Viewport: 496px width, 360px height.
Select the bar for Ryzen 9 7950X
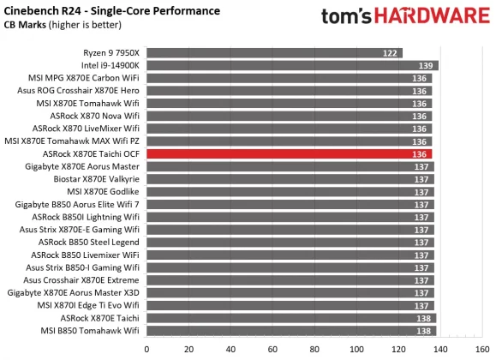(274, 53)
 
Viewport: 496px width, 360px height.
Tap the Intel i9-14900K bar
(292, 65)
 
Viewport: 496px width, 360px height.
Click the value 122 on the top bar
(390, 53)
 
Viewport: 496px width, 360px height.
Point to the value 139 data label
(425, 65)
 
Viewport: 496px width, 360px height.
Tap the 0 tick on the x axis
(147, 349)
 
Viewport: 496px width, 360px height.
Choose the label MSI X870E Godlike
(100, 191)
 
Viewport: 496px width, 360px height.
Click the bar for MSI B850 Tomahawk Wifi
(291, 330)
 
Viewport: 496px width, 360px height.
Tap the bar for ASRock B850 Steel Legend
(290, 242)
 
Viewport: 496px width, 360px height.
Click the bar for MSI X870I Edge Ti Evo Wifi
(290, 305)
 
